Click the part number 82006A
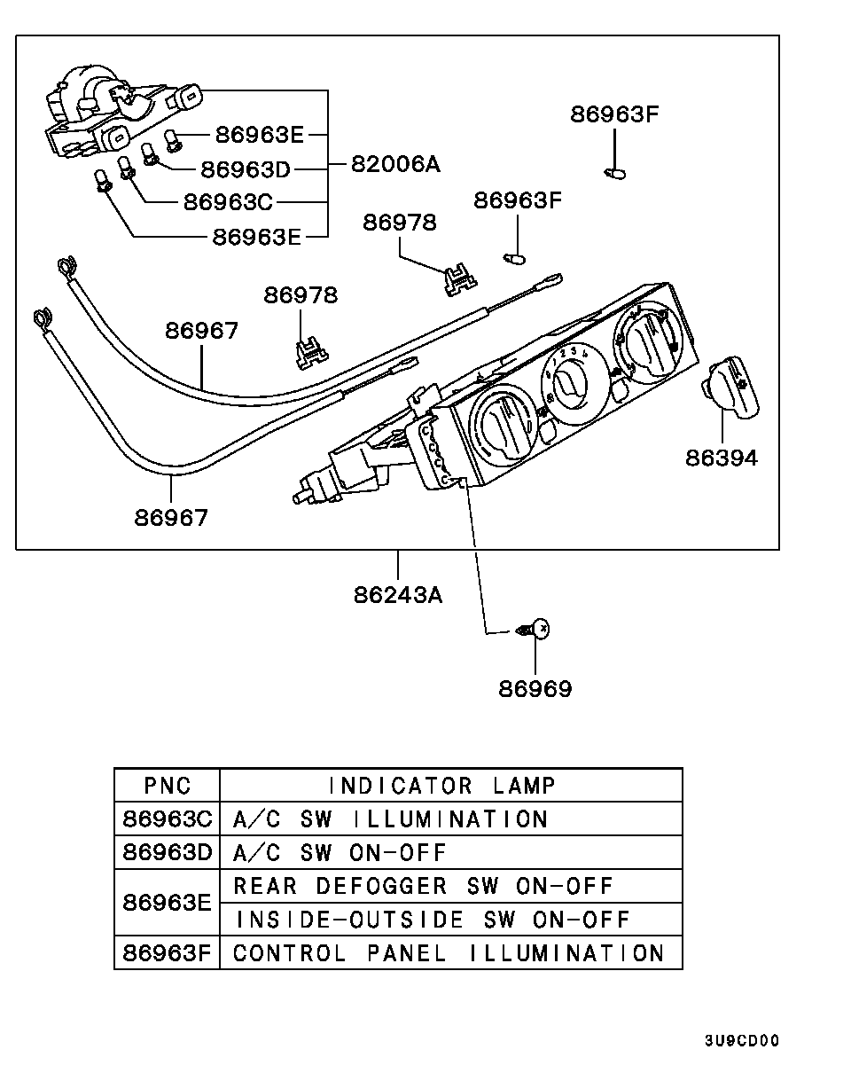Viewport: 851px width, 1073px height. tap(395, 164)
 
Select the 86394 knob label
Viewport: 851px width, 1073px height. tap(721, 458)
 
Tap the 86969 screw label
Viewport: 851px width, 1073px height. tap(535, 688)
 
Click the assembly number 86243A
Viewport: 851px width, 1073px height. tap(398, 594)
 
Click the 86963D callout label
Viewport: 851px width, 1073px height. tap(246, 168)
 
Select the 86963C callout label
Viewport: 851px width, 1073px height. tap(228, 202)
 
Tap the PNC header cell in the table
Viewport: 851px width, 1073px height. tap(168, 786)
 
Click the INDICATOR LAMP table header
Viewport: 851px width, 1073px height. tap(441, 786)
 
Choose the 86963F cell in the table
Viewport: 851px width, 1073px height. tap(168, 953)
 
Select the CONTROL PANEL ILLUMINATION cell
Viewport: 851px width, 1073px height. tap(448, 953)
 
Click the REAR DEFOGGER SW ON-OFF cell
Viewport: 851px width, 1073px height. tap(423, 886)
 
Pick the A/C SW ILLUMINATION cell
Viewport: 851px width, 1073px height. tap(390, 818)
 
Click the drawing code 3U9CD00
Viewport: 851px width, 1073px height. tap(742, 1041)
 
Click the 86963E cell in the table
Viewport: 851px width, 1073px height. tap(168, 903)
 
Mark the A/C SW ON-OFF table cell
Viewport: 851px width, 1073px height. tap(340, 852)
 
